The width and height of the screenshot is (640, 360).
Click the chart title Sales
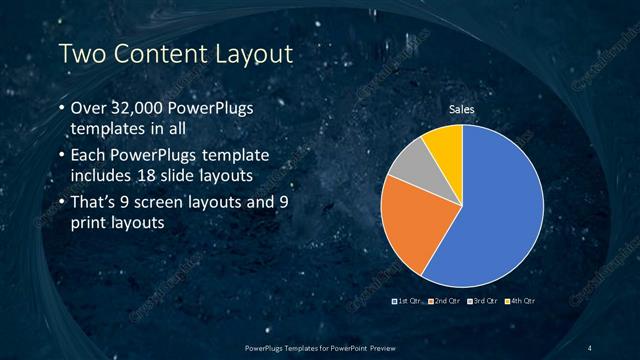[x=461, y=109]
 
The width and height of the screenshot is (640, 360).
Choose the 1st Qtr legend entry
[x=407, y=300]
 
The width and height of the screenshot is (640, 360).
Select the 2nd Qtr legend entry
[x=445, y=300]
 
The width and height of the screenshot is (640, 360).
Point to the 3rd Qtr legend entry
[x=485, y=300]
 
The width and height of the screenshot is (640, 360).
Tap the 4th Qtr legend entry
[x=521, y=300]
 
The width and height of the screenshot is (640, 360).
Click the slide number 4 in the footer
[x=590, y=347]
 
